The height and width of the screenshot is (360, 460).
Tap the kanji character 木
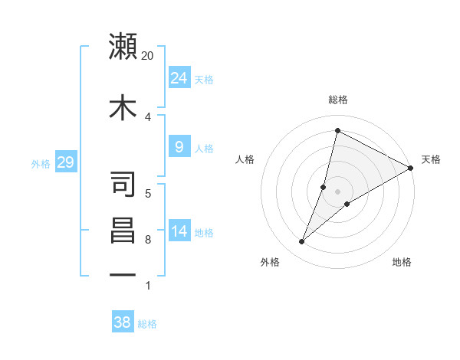(123, 107)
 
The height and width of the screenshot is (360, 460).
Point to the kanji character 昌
(123, 230)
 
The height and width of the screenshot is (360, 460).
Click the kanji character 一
(123, 273)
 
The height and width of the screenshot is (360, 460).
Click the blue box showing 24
(179, 78)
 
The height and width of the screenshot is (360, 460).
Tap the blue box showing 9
(179, 147)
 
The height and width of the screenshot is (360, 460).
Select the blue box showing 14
(179, 231)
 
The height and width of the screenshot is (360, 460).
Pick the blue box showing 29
(65, 162)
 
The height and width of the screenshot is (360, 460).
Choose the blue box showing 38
(123, 322)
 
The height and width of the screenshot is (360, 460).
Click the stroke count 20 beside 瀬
(148, 56)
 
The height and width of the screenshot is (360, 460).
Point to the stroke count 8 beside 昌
(148, 240)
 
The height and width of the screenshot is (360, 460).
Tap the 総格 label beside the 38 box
(147, 324)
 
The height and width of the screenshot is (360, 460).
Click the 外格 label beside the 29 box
(41, 163)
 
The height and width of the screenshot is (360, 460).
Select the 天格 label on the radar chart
(431, 159)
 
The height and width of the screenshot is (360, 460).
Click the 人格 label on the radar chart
(245, 159)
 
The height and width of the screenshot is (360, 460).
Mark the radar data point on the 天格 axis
(411, 168)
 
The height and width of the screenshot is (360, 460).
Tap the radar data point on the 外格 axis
(301, 242)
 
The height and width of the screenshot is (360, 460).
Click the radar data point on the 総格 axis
(337, 131)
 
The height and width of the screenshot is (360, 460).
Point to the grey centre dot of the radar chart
(337, 191)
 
